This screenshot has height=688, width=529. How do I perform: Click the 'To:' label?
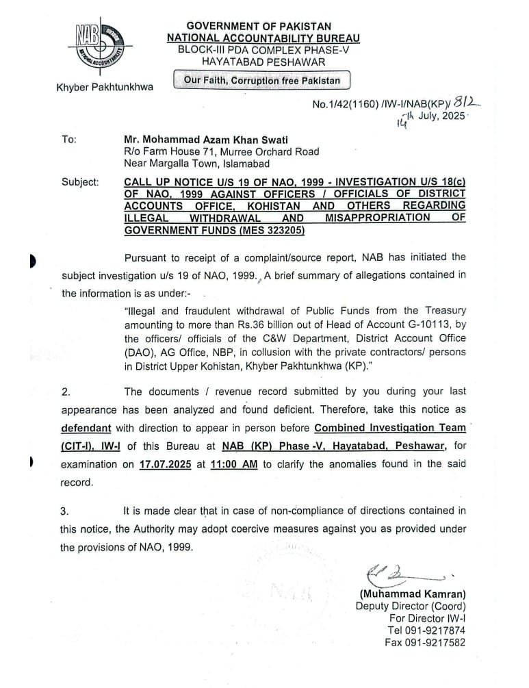click(x=69, y=139)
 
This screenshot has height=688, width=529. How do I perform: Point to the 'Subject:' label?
click(x=80, y=183)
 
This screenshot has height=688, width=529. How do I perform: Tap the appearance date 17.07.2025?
click(x=165, y=463)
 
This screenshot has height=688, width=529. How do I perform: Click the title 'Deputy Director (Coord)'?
click(x=411, y=606)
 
